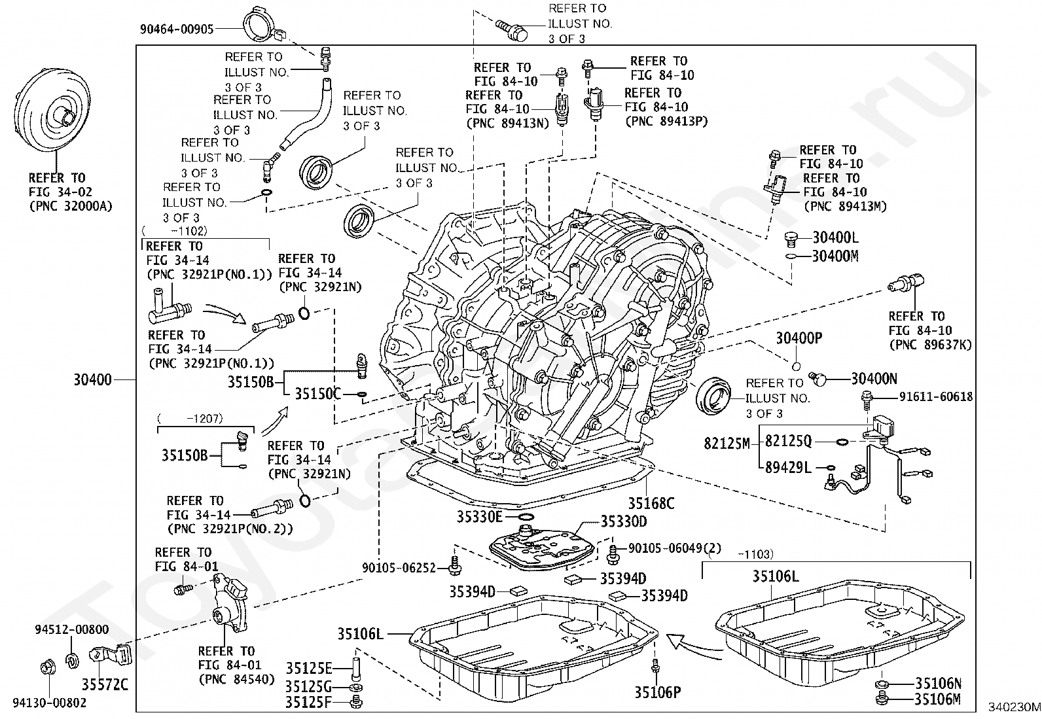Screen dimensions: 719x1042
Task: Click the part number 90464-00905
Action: (177, 29)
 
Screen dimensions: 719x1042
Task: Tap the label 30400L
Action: (835, 237)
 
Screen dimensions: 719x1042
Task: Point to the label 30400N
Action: (874, 378)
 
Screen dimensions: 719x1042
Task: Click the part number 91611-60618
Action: (935, 396)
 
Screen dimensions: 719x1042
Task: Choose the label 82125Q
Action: (788, 442)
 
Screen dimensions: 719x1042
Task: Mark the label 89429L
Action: (788, 467)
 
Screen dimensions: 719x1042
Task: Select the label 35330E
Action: (480, 517)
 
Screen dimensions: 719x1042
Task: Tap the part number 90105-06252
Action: (399, 568)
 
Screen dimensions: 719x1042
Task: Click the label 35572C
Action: (105, 685)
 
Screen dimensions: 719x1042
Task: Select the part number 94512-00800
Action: (72, 629)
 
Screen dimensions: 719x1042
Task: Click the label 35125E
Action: (309, 668)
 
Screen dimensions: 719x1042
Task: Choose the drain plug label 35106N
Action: (938, 684)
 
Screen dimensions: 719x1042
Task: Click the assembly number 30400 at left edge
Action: (92, 379)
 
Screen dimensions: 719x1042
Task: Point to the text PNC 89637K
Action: (930, 345)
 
